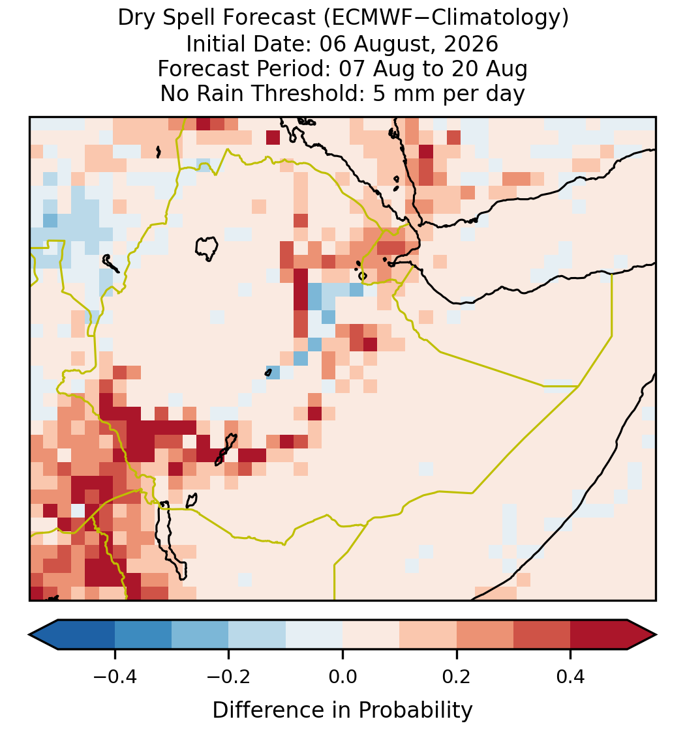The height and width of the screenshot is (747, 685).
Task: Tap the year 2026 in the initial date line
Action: click(x=471, y=44)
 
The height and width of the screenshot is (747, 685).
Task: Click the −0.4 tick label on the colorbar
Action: click(x=115, y=676)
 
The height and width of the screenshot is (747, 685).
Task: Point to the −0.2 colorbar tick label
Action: click(x=229, y=676)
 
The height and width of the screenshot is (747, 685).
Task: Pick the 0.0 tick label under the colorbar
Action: click(x=342, y=676)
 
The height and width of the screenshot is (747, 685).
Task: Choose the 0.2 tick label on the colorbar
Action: click(x=457, y=676)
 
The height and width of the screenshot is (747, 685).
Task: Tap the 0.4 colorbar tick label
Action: click(x=571, y=676)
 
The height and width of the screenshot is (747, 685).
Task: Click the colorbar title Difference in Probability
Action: click(x=342, y=710)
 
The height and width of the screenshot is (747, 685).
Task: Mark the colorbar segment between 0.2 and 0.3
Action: click(x=485, y=635)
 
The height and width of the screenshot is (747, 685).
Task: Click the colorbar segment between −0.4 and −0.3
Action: click(x=143, y=635)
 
